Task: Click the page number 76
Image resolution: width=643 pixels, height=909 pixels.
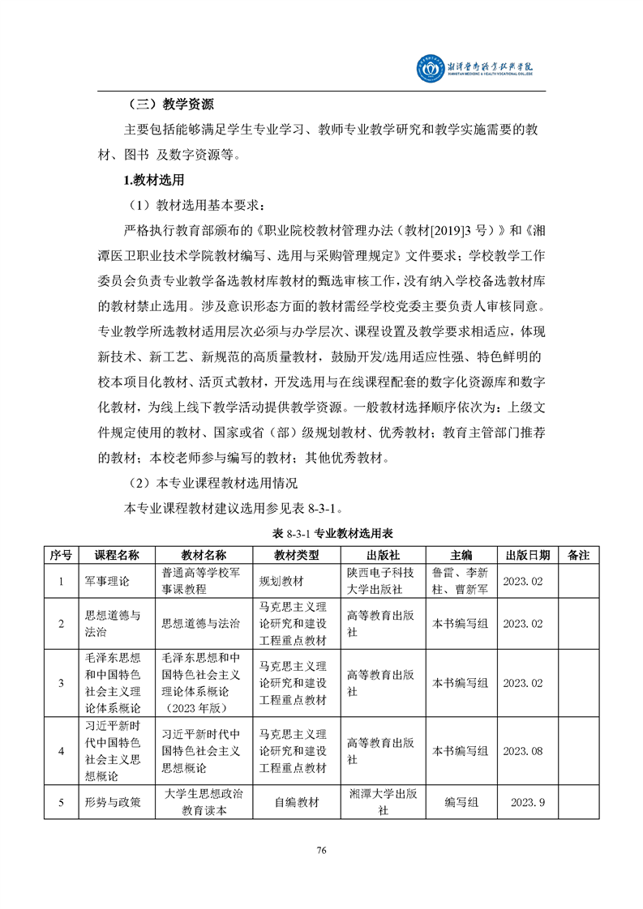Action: point(321,850)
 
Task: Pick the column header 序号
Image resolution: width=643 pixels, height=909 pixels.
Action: point(62,555)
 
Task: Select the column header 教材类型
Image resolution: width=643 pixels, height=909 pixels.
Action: point(296,555)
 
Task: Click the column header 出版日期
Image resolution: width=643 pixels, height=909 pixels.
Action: point(528,555)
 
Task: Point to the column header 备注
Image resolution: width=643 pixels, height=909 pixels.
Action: point(579,555)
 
